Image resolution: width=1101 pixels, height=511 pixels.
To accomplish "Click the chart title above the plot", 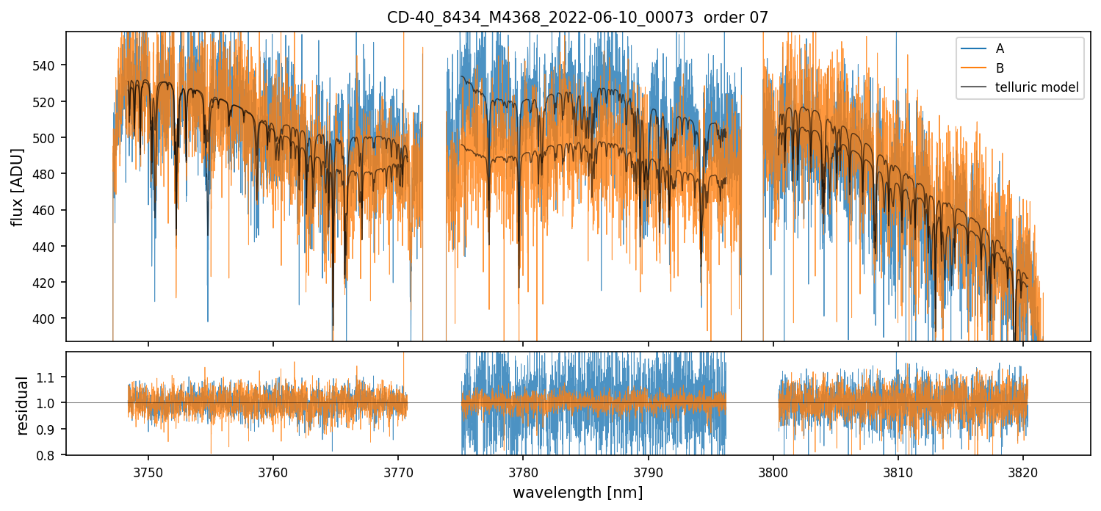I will point(577,18).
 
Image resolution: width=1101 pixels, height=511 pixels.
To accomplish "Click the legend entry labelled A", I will point(1000,49).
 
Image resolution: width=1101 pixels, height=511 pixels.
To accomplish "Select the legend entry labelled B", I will point(1000,68).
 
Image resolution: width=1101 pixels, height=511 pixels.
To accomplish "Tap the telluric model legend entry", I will point(1036,87).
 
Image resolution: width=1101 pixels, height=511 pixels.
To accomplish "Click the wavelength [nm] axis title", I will point(577,493).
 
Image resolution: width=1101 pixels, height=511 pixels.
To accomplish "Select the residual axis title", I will point(23,405).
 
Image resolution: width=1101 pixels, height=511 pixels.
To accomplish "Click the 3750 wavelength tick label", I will point(148,471).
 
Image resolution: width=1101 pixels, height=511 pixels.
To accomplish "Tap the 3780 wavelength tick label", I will point(522,471).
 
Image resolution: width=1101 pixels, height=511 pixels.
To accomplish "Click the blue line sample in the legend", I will point(972,49).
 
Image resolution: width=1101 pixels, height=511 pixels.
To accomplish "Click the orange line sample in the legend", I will point(972,68).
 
